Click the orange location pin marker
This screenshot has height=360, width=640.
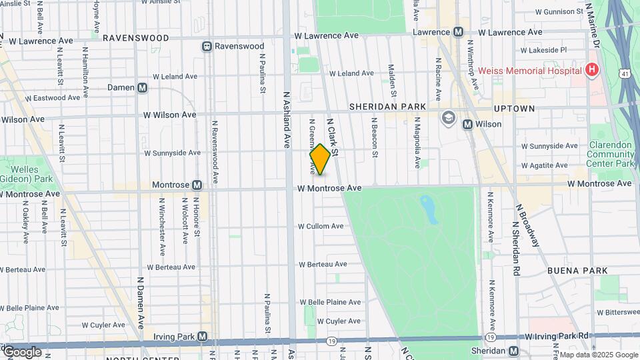pos(320,160)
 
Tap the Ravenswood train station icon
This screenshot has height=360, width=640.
pos(207,47)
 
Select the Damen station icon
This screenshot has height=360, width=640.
pos(142,87)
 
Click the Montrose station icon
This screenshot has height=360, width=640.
pos(197,185)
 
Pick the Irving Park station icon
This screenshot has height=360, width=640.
pos(203,337)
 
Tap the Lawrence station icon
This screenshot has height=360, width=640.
pos(458,32)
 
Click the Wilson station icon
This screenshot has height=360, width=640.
pos(467,124)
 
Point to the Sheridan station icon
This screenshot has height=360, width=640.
pos(513,351)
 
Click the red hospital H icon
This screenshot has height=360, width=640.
pos(591,69)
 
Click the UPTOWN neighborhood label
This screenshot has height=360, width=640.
pos(514,108)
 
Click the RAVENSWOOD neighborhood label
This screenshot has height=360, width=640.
pos(136,38)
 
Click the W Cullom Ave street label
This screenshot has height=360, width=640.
pos(321,227)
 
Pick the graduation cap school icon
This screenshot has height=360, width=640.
pos(448,118)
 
